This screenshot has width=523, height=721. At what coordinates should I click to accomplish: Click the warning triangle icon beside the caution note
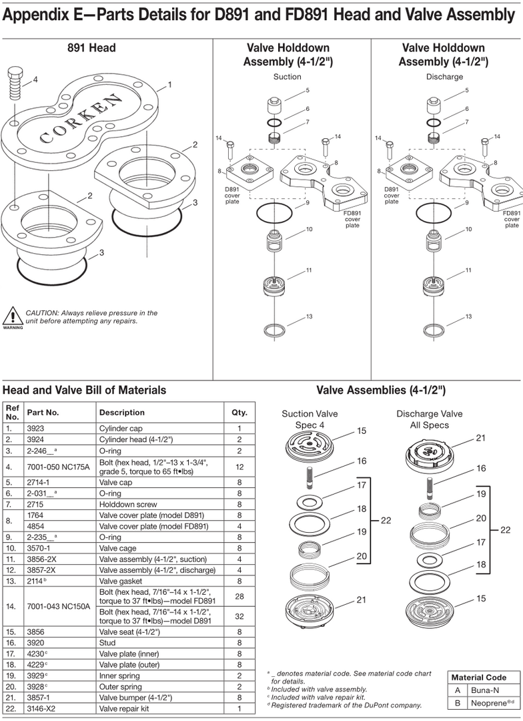pos(11,316)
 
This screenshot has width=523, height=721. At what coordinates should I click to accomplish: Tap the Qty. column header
pos(239,412)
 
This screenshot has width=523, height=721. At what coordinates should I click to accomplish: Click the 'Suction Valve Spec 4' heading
pos(310,419)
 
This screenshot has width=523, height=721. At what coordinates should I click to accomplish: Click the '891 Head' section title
pos(91,47)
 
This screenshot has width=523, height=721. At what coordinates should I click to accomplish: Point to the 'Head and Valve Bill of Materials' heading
pos(85,390)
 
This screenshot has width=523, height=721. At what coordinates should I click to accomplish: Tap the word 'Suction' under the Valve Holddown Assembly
pos(288,77)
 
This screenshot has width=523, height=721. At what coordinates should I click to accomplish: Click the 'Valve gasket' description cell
pos(120,581)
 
